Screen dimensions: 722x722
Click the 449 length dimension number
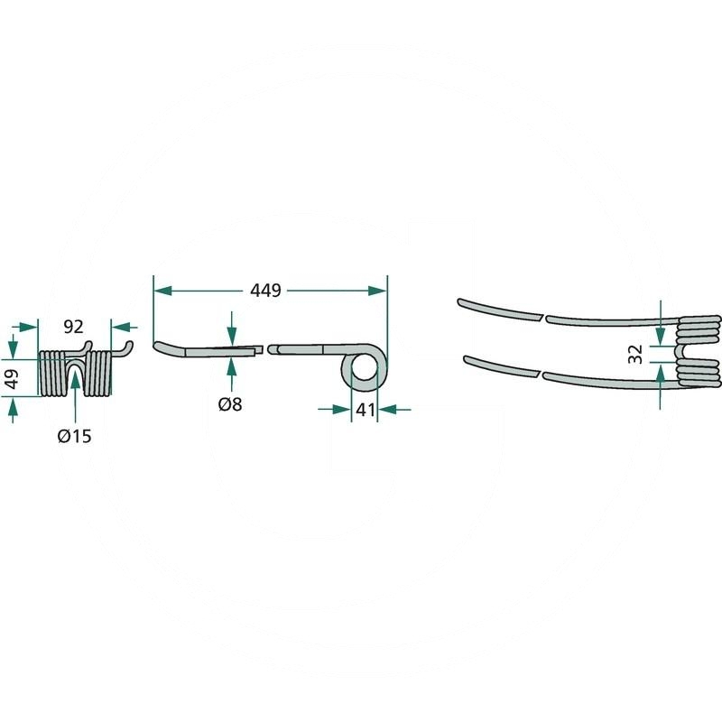265,291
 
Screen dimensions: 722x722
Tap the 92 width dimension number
74,327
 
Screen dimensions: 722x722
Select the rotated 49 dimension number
12,377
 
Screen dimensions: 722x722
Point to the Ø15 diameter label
75,436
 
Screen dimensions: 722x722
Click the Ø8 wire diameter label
230,404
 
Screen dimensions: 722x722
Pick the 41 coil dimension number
366,410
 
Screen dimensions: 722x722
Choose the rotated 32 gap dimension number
635,354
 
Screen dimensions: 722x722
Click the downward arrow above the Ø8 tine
232,329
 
